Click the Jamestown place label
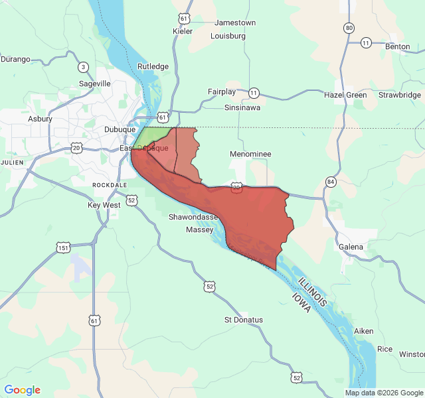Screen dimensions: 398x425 click(x=234, y=23)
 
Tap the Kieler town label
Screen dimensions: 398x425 click(x=182, y=31)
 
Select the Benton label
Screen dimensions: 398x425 click(x=397, y=46)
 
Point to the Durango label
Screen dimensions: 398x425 click(x=15, y=59)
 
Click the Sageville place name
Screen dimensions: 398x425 click(x=94, y=84)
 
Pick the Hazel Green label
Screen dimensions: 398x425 click(x=345, y=95)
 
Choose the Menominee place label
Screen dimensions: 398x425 click(x=250, y=154)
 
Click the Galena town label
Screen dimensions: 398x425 click(x=351, y=247)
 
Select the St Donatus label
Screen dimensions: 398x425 click(x=243, y=320)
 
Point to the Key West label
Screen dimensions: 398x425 click(x=104, y=206)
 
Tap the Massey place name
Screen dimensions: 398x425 click(x=199, y=230)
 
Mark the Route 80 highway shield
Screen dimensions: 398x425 click(x=349, y=28)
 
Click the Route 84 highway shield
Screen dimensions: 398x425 click(x=331, y=181)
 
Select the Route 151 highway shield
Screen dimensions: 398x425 click(x=63, y=248)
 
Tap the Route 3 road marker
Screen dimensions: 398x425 click(x=83, y=67)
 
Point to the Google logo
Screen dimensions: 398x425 click(x=23, y=390)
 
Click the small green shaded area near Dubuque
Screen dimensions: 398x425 click(x=154, y=137)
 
